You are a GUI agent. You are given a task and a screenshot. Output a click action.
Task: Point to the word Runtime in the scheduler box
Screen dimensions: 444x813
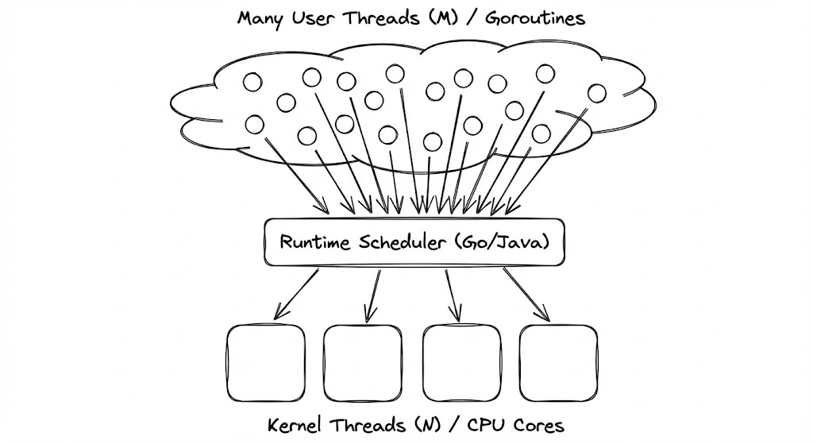point(308,243)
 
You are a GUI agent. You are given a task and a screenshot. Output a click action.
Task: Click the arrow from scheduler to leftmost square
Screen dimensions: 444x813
point(296,294)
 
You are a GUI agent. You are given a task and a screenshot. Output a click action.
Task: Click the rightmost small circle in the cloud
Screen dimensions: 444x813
point(596,93)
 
